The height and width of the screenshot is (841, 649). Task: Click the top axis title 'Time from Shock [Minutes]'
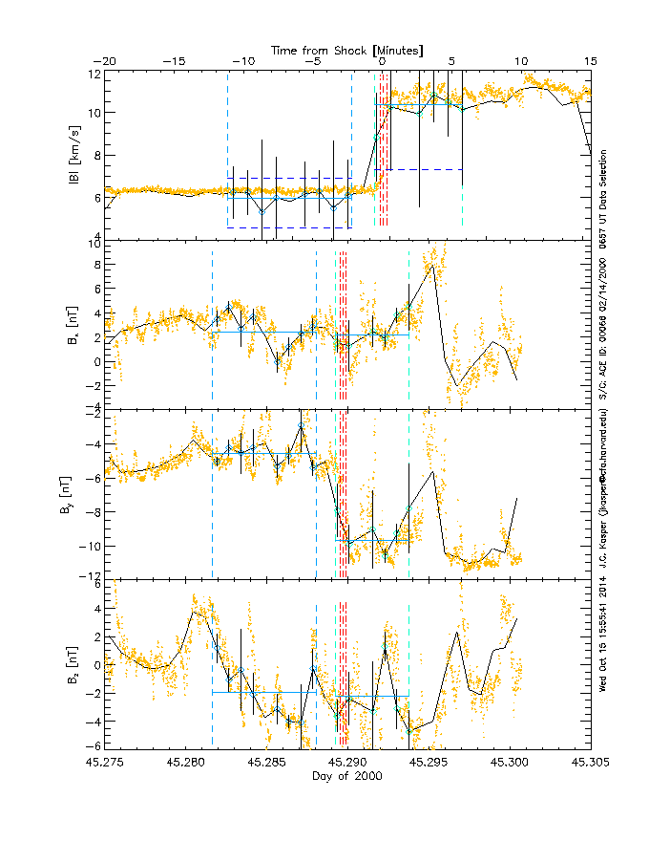347,49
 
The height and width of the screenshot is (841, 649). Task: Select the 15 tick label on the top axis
591,61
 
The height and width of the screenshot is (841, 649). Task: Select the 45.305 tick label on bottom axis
591,764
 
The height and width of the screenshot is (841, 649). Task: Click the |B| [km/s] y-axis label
73,155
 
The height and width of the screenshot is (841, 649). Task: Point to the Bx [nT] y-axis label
73,325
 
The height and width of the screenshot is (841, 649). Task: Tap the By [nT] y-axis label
73,493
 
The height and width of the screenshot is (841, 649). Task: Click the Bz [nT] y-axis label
73,661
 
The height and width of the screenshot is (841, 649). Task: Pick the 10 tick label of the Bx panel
94,244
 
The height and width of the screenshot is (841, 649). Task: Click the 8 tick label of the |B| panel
96,155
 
